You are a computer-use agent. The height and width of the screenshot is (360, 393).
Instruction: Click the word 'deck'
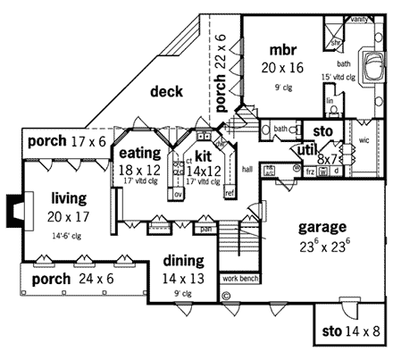[167, 91]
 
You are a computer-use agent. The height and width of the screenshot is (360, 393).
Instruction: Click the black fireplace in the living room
[12, 207]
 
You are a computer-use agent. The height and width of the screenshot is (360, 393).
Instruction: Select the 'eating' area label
[139, 153]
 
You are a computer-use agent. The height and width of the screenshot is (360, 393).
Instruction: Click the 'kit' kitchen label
[203, 155]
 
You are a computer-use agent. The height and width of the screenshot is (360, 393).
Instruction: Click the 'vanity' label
[359, 19]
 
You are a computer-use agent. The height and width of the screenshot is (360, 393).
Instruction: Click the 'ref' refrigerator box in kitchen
[230, 193]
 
